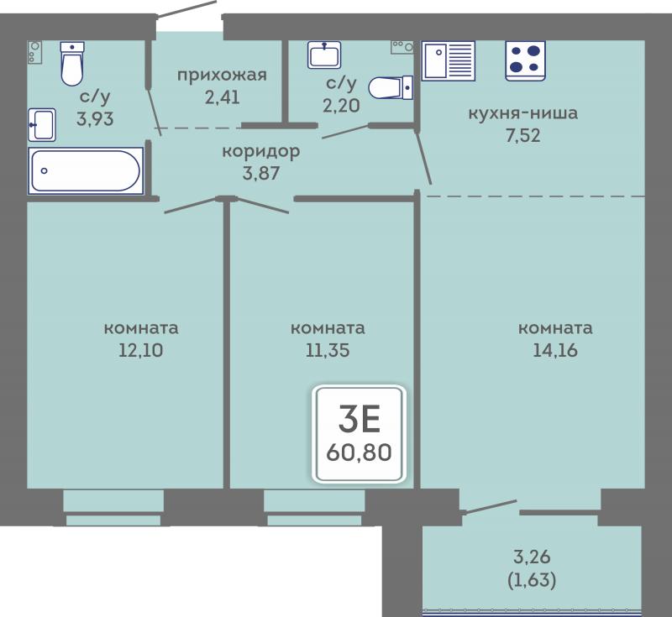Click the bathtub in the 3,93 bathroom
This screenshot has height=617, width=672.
point(86,171)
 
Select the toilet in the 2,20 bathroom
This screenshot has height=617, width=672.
point(391,87)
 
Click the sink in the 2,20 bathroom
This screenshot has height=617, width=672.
point(324,55)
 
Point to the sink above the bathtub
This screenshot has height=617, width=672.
point(42,124)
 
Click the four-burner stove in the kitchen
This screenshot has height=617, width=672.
point(525,60)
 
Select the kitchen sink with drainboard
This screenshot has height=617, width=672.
point(449,60)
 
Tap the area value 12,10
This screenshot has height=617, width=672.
point(140,350)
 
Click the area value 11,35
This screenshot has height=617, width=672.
point(328,350)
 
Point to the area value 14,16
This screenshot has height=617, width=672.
point(555,350)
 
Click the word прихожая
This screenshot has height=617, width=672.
point(222,76)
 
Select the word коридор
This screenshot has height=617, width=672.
point(260,152)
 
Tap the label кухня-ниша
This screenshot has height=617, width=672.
point(522,113)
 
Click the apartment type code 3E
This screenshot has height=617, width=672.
point(360,419)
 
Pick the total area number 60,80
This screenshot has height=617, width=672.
point(359,452)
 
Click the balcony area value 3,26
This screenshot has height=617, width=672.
point(532,557)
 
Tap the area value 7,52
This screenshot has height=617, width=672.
point(522,136)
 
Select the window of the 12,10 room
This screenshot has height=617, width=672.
point(113,508)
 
